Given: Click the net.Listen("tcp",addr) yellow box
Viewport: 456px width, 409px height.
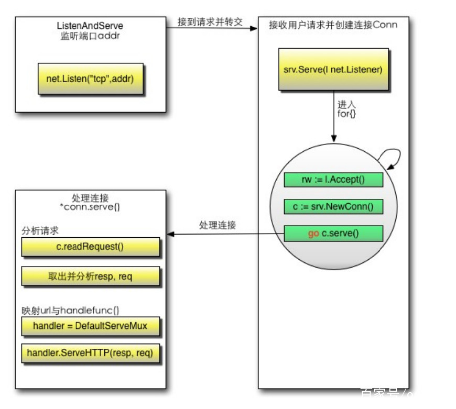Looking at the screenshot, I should click(x=90, y=79).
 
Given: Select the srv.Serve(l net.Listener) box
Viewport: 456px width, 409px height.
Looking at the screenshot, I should click(x=333, y=70).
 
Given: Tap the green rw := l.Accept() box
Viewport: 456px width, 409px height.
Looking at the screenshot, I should click(x=333, y=180).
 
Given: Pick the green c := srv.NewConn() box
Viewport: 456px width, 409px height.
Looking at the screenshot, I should click(x=333, y=206).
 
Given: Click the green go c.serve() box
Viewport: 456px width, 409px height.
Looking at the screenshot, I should click(x=333, y=233).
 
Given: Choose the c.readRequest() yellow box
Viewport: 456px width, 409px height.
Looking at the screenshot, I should click(x=90, y=247).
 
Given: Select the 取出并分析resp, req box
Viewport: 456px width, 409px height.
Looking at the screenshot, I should click(x=90, y=277).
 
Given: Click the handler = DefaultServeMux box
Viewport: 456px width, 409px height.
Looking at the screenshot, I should click(x=90, y=326).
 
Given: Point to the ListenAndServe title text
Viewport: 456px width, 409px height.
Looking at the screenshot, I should click(x=90, y=26).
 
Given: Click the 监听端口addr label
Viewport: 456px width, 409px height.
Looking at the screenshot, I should click(x=90, y=36).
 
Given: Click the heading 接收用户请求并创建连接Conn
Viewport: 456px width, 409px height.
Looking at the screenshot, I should click(x=333, y=25).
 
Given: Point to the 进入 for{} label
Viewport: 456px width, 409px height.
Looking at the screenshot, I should click(x=346, y=109).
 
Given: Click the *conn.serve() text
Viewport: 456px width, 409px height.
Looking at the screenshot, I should click(x=90, y=207).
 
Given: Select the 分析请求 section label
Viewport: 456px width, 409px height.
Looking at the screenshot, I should click(x=37, y=231).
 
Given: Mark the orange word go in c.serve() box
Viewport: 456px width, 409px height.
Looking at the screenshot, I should click(x=313, y=234).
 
